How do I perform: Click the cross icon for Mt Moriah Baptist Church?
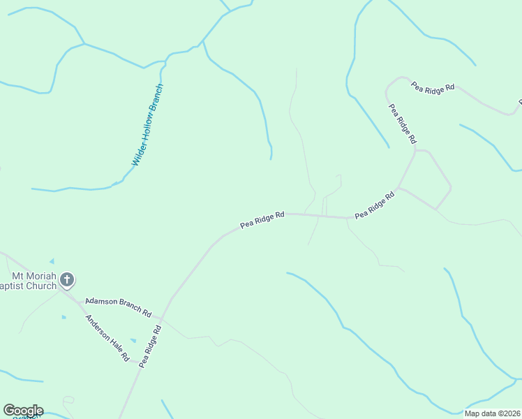[x=67, y=280]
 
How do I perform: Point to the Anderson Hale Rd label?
[x=107, y=338]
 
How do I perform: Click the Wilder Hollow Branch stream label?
[x=148, y=125]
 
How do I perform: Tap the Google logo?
[x=23, y=411]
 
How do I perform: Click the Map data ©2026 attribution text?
[x=492, y=413]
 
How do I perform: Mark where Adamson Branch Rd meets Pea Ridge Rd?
[x=163, y=318]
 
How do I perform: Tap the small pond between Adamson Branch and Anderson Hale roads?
[x=133, y=340]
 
